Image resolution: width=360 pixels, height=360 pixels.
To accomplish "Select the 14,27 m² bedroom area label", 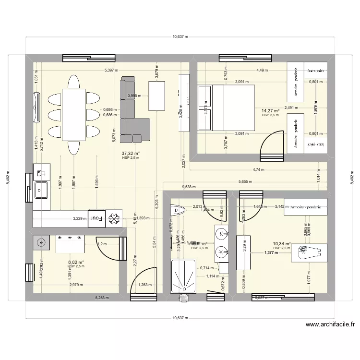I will (x=270, y=110).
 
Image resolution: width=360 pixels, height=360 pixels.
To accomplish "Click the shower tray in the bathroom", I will (x=183, y=276).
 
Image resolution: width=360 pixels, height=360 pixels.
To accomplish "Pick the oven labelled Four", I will (x=97, y=218).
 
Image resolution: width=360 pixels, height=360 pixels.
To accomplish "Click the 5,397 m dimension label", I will (x=111, y=71).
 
